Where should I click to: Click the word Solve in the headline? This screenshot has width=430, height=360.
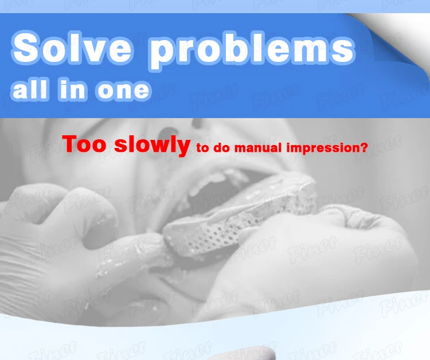coord(72,48)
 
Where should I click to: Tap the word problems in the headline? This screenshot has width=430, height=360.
coord(252,50)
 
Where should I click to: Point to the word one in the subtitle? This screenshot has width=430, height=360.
coord(123,90)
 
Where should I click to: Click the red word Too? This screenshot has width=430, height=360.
coord(84,144)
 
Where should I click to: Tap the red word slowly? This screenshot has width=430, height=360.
coord(152,145)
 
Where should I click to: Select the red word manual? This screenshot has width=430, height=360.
coord(258,147)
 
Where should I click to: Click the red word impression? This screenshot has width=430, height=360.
coord(323,148)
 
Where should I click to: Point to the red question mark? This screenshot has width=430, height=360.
coord(363,147)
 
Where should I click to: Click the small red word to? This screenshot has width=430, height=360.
coord(202,148)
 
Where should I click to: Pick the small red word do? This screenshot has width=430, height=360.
coord(221,147)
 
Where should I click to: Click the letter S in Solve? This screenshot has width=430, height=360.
coord(26,48)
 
